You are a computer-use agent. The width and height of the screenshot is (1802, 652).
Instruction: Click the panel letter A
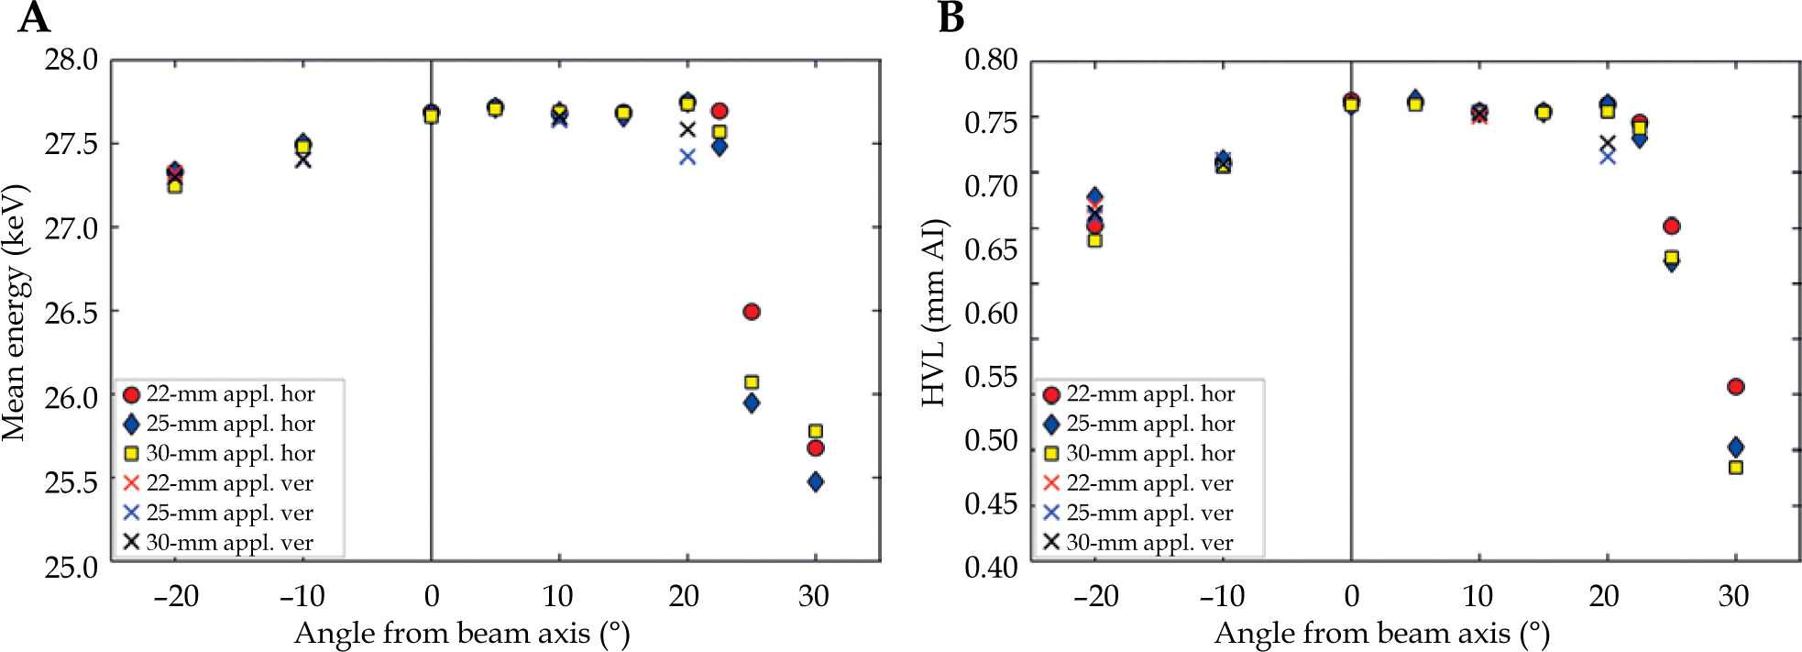[34, 17]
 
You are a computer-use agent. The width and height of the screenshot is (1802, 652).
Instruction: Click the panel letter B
[951, 17]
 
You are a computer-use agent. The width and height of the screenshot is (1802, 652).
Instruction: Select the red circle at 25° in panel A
[752, 312]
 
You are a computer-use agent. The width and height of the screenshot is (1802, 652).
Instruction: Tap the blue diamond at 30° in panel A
[816, 481]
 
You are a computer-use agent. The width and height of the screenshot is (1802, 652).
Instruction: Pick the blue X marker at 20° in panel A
[687, 157]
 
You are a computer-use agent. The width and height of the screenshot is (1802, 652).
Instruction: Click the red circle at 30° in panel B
[1735, 387]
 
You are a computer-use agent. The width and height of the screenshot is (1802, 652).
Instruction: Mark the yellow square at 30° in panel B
[1735, 468]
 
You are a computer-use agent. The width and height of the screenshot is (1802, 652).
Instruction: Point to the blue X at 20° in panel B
[1607, 157]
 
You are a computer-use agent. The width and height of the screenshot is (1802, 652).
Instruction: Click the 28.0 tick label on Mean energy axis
[71, 60]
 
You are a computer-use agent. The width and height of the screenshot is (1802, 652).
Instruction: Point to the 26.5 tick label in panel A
[71, 313]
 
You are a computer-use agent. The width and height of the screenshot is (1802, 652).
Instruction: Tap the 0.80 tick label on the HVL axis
[991, 60]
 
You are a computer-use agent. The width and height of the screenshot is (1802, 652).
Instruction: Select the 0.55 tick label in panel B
[991, 377]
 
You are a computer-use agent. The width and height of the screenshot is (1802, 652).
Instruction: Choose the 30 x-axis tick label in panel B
[1733, 596]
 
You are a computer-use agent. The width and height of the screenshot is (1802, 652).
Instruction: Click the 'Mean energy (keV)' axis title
[16, 312]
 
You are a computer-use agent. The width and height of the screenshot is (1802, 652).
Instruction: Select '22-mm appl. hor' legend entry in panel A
[230, 394]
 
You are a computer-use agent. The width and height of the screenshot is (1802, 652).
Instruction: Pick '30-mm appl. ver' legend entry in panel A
[229, 543]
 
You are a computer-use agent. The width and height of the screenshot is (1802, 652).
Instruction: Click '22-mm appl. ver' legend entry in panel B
[1149, 483]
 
